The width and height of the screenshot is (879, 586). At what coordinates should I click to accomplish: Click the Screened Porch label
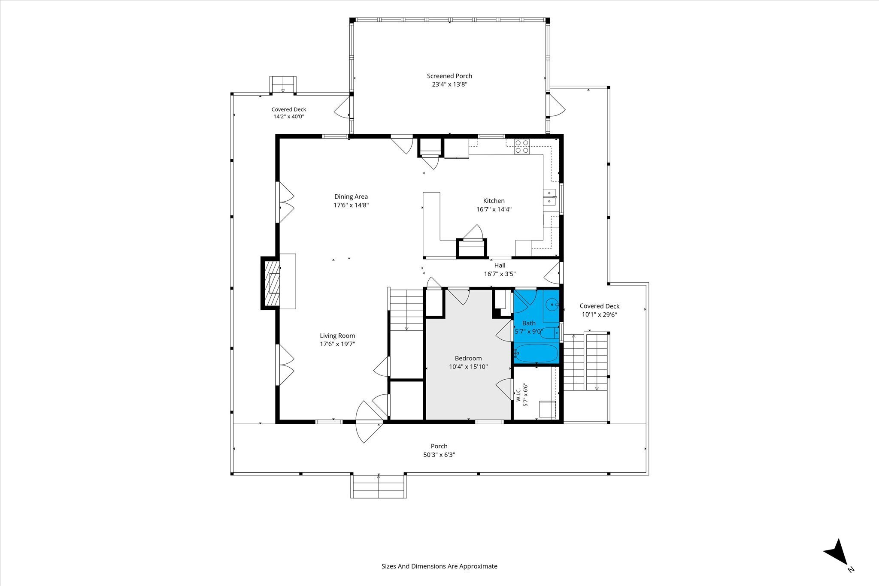tap(449, 76)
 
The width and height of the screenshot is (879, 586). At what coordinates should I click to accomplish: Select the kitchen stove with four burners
tap(522, 146)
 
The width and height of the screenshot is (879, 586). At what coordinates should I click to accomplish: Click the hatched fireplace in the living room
tap(271, 283)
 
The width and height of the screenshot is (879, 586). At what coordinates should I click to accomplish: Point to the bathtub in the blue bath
tap(536, 353)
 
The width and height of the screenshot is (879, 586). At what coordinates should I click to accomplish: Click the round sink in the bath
tap(551, 305)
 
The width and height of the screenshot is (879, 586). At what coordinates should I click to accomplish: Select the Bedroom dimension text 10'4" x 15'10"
tap(468, 367)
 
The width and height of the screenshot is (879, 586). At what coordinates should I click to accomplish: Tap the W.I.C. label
tap(518, 395)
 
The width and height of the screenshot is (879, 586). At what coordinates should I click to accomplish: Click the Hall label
tap(500, 266)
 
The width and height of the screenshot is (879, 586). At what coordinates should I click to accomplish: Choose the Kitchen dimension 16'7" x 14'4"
tap(494, 209)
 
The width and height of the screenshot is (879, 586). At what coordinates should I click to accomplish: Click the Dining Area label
tap(351, 196)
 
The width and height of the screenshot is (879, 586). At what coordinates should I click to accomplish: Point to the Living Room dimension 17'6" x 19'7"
tap(337, 344)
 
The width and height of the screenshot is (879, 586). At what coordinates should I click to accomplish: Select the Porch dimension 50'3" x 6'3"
tap(439, 455)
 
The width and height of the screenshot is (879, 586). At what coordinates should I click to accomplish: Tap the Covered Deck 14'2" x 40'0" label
tap(289, 113)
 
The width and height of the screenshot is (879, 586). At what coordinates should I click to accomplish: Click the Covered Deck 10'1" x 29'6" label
tap(600, 310)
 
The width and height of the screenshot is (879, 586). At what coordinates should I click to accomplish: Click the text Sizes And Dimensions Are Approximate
tap(439, 566)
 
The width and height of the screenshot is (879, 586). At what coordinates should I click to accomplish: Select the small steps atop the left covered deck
tap(283, 85)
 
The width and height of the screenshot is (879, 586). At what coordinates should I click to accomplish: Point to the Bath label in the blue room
tap(529, 323)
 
